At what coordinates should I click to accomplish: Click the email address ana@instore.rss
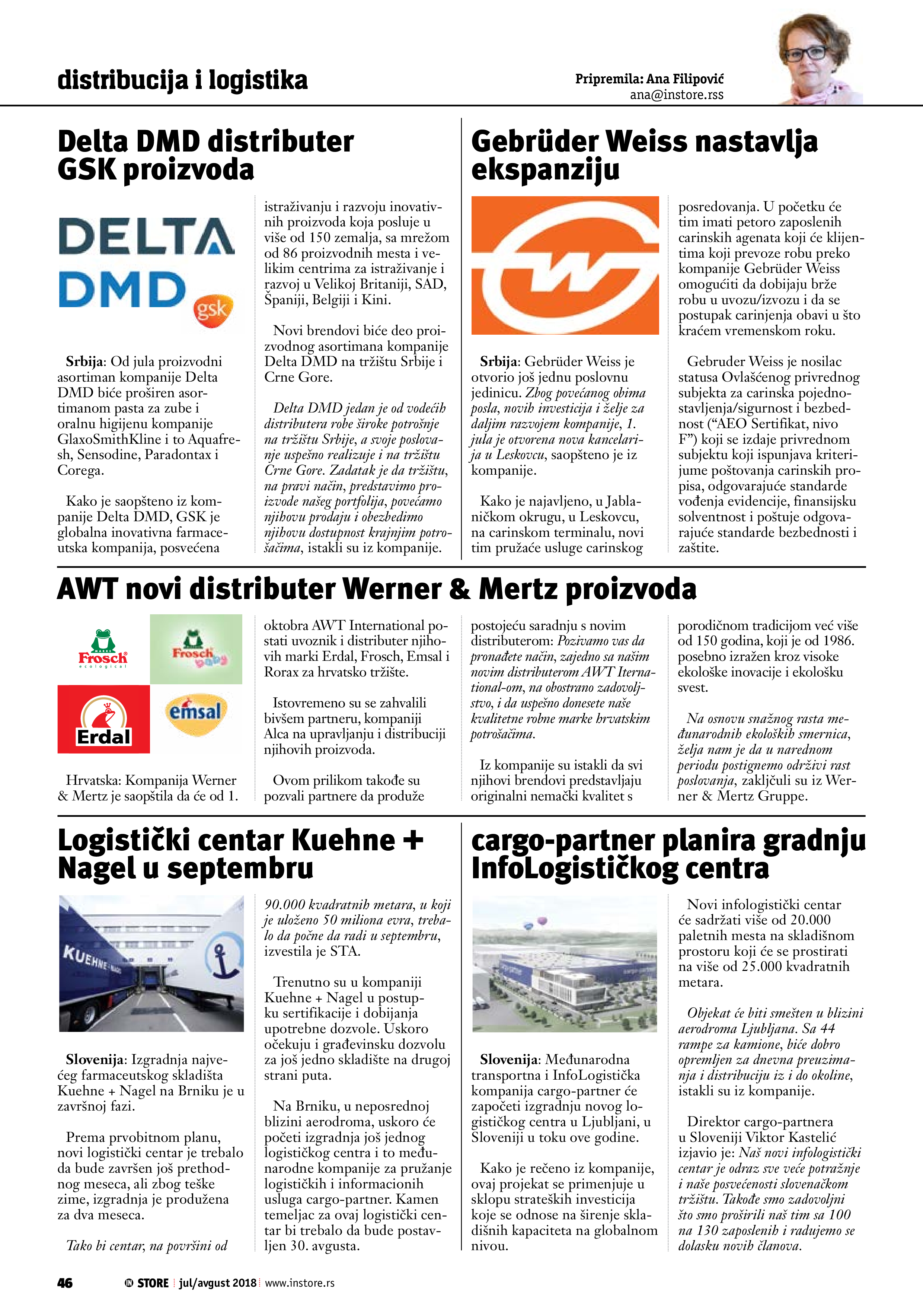click(x=676, y=95)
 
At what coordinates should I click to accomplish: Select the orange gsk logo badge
click(x=213, y=310)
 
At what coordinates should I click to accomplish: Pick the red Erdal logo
click(x=103, y=720)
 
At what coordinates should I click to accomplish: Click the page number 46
click(x=65, y=1283)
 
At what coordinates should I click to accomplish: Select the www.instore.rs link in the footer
click(x=300, y=1283)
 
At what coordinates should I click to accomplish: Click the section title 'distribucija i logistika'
click(x=182, y=80)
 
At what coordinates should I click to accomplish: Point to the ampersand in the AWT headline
click(x=460, y=589)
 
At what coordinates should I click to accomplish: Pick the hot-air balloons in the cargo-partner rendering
click(x=535, y=921)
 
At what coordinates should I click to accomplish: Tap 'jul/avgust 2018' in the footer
click(x=218, y=1283)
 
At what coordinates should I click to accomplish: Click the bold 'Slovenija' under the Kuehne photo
click(x=95, y=1059)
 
